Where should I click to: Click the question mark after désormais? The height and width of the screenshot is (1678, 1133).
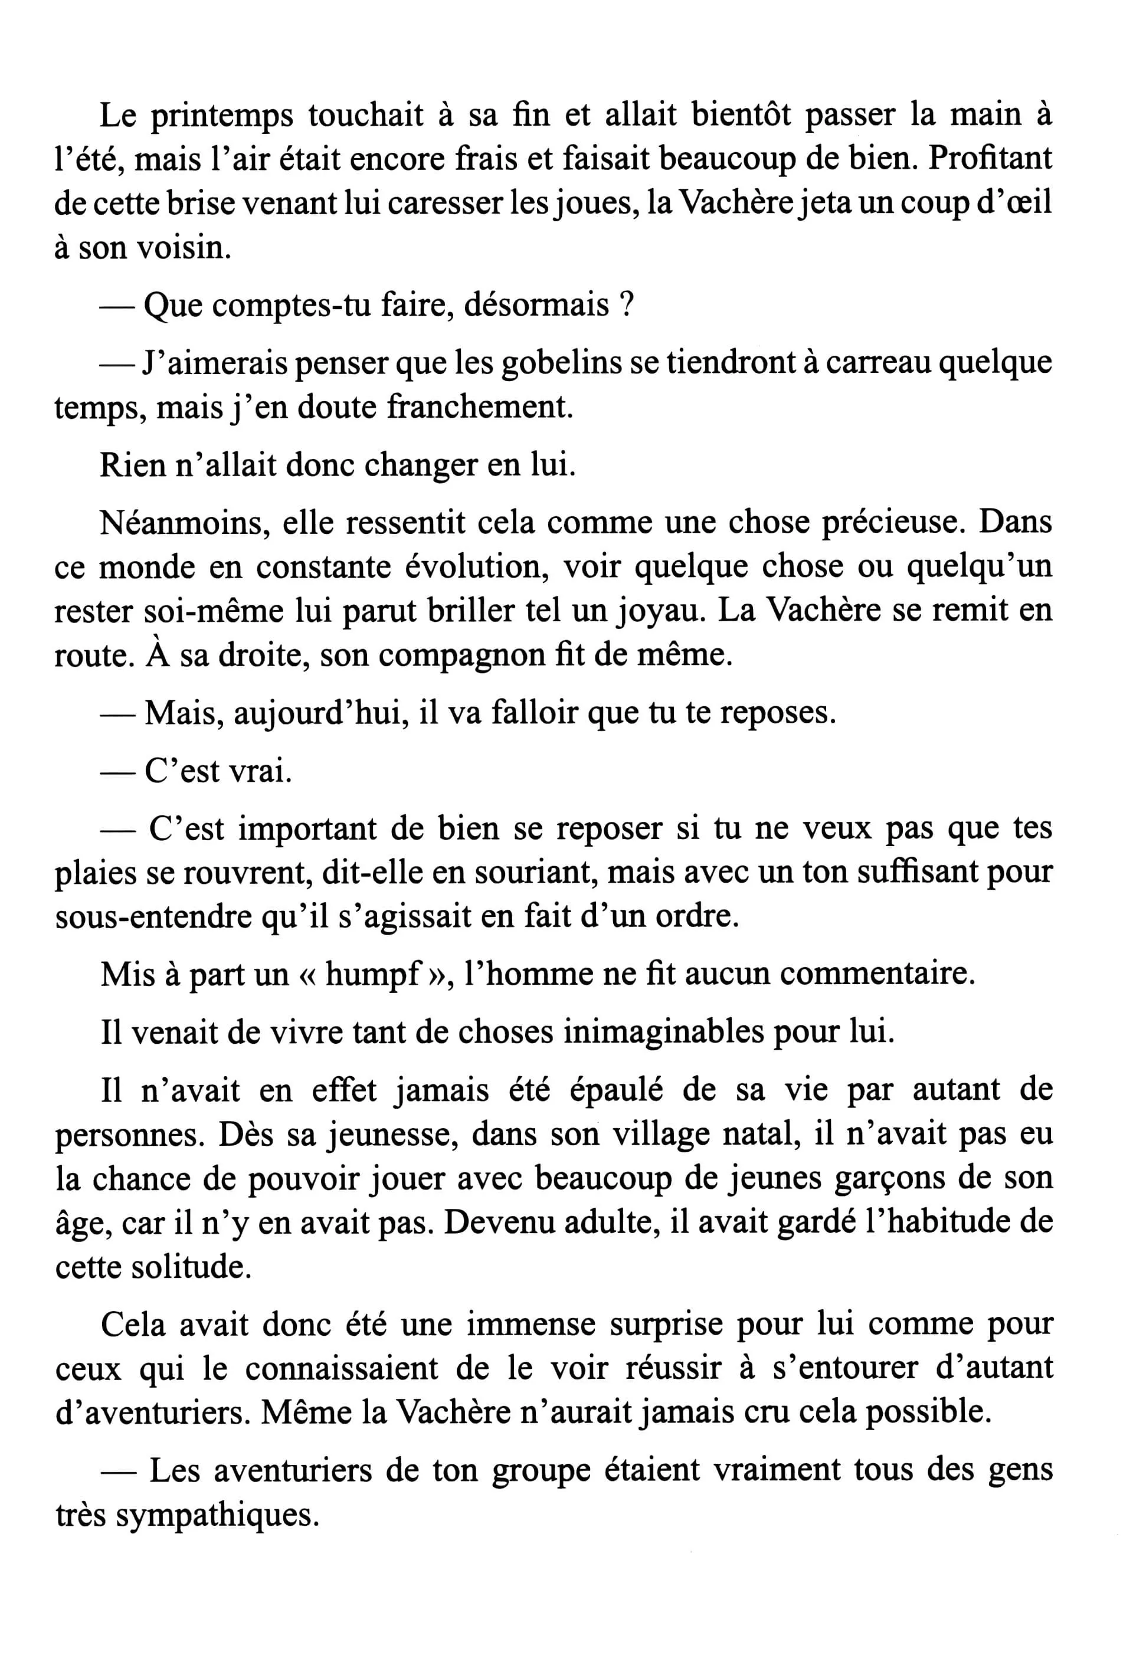tap(627, 306)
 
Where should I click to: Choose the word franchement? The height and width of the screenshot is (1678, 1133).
tap(480, 408)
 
